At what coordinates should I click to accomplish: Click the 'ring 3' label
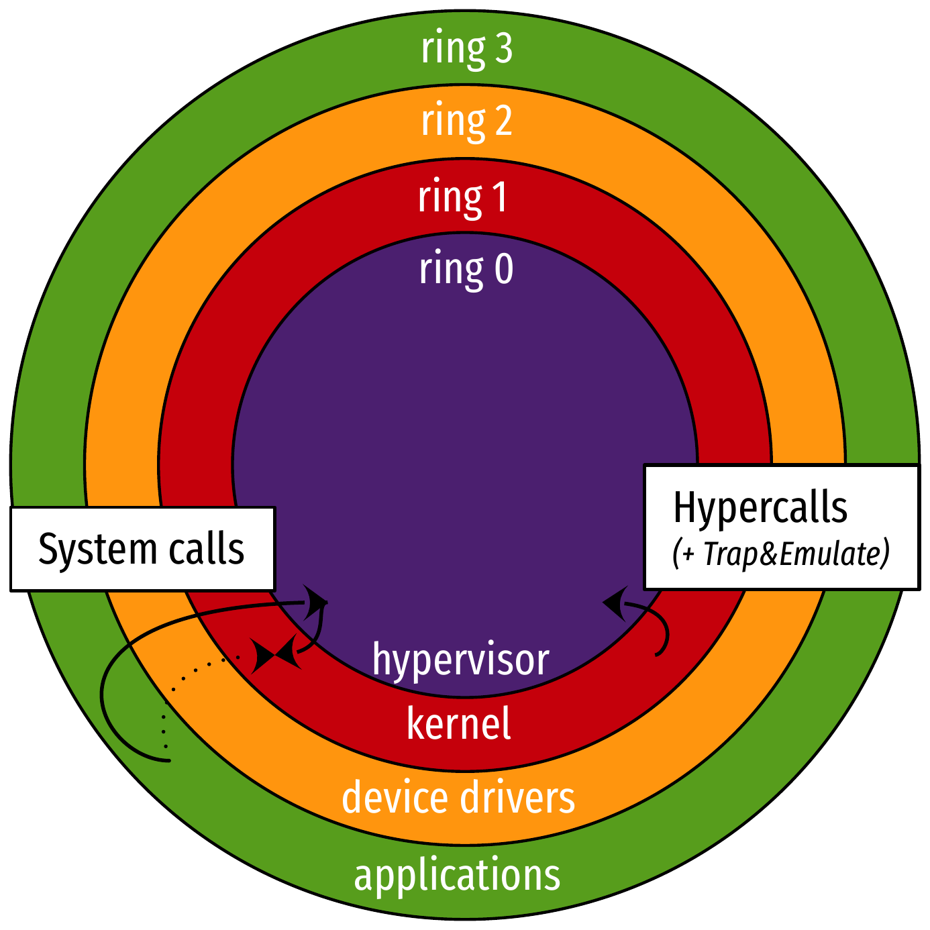[466, 49]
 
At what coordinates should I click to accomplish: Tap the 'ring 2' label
[466, 121]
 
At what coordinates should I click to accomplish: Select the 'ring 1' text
[462, 197]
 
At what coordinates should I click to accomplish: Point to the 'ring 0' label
[466, 269]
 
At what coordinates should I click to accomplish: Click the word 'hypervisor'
[460, 660]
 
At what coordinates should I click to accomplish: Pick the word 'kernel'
[459, 725]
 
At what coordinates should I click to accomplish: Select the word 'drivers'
[518, 798]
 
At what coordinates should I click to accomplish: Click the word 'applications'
[457, 876]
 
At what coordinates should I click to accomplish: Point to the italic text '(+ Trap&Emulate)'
[781, 554]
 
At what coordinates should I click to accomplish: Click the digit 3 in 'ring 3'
[503, 49]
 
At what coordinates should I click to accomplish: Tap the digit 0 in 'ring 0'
[504, 269]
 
